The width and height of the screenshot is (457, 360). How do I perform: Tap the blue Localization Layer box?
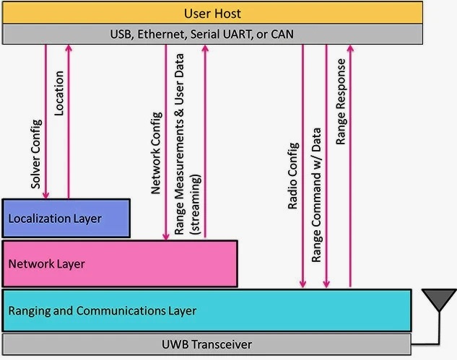coord(66,218)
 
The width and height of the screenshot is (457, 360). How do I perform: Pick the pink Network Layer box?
coord(120,263)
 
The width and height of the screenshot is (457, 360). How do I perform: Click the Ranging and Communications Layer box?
coord(206,311)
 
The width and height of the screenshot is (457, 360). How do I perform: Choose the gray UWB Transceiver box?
coord(206,343)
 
